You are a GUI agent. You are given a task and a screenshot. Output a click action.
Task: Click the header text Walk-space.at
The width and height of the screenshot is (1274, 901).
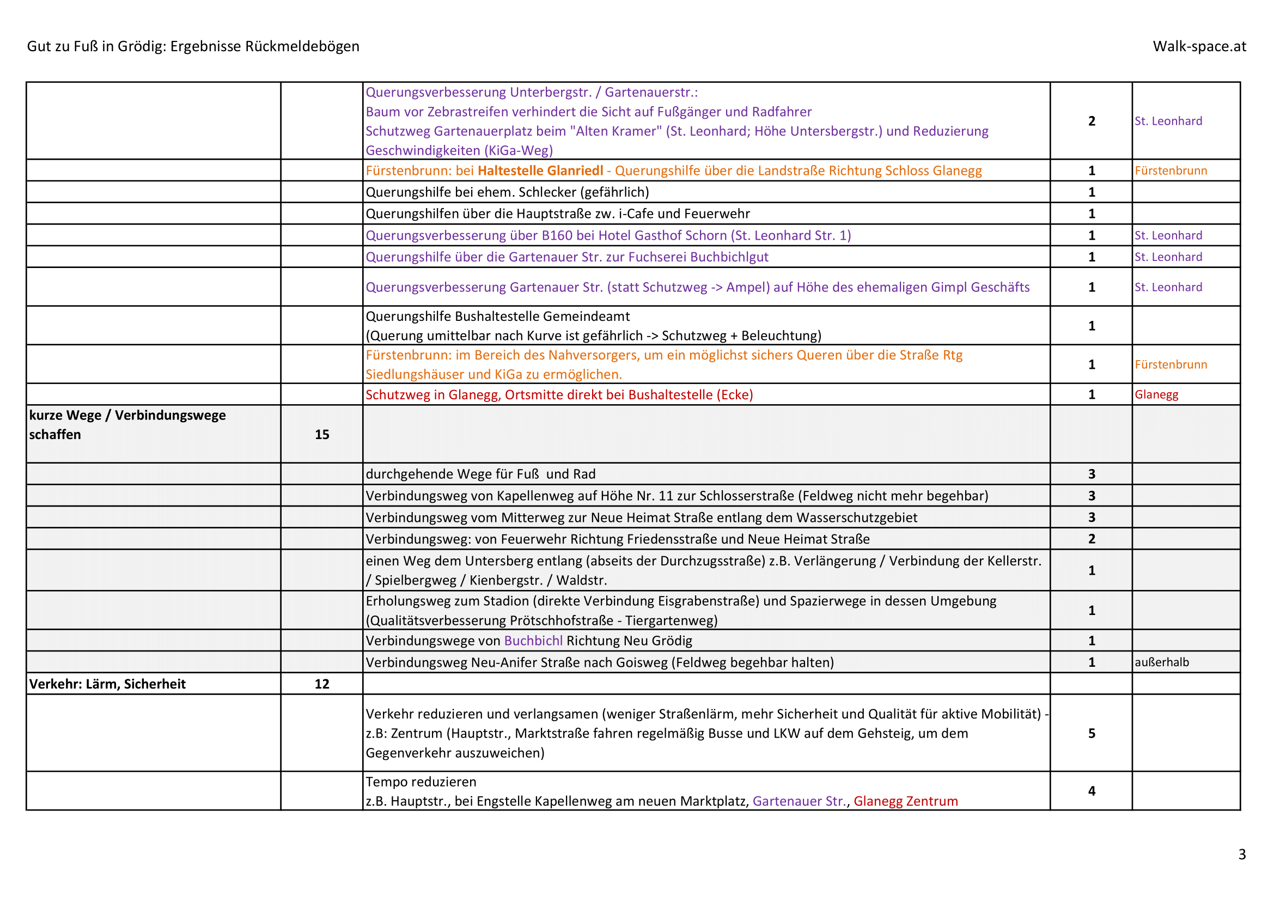(x=1199, y=46)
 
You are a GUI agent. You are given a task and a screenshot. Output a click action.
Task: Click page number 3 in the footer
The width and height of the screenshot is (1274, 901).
(x=1242, y=854)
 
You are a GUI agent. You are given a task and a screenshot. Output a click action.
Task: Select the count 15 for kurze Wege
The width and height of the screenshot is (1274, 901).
(x=322, y=434)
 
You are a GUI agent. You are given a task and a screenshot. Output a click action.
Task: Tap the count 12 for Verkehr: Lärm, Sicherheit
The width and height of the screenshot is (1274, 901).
(x=322, y=684)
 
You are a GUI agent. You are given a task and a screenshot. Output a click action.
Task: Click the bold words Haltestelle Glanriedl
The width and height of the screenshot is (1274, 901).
(x=540, y=171)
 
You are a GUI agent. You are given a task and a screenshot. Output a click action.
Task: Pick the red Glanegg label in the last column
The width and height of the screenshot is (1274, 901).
(x=1156, y=394)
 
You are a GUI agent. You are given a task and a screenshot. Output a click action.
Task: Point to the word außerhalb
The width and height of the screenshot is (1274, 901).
(x=1161, y=662)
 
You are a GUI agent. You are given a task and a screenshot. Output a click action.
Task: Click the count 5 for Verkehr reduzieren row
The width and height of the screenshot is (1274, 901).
(x=1092, y=733)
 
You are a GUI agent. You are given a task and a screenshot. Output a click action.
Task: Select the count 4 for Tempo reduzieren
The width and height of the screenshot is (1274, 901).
(x=1092, y=790)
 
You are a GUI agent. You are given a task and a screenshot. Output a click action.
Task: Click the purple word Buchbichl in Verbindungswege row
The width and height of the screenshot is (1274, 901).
(x=533, y=641)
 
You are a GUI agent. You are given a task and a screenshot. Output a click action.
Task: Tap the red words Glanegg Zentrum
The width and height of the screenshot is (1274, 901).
(x=906, y=801)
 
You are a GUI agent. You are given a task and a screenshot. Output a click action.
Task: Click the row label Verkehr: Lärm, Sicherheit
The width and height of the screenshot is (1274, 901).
(x=107, y=684)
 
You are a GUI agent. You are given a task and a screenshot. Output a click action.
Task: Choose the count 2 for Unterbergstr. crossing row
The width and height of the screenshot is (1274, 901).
(x=1092, y=121)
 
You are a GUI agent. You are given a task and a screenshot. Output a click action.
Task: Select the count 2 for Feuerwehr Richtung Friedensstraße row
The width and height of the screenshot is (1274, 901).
(x=1092, y=539)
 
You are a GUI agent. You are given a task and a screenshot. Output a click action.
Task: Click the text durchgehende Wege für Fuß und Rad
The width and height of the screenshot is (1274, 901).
(x=480, y=474)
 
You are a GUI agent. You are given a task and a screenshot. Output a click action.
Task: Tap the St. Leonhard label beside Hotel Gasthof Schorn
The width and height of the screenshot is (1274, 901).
(x=1168, y=235)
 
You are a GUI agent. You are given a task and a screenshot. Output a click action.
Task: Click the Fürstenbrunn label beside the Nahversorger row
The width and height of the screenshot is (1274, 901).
(x=1171, y=364)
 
